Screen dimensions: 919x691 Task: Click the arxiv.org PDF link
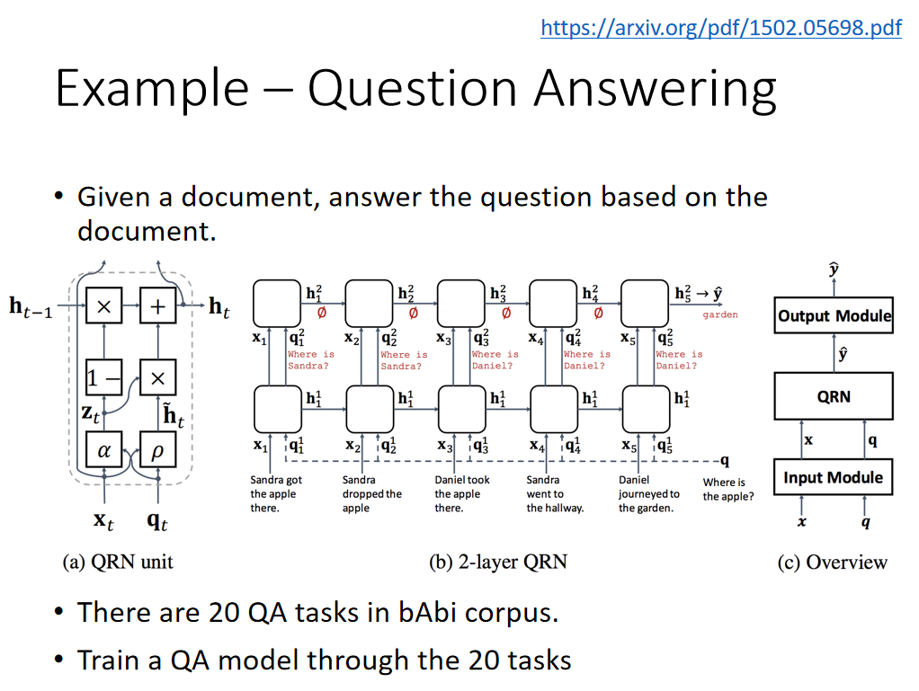[720, 29]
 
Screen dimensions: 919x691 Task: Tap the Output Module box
[834, 315]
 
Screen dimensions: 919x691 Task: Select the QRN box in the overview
[834, 396]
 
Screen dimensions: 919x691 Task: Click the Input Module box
[834, 477]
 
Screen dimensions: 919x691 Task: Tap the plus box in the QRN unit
[157, 306]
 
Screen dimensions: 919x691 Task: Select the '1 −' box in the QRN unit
[103, 378]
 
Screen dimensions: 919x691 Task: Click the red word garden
[720, 315]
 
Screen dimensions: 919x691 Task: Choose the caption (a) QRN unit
[118, 563]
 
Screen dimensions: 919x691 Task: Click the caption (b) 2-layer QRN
[498, 563]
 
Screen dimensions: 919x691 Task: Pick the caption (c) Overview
[832, 563]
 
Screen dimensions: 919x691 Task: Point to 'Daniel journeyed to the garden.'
[648, 494]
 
